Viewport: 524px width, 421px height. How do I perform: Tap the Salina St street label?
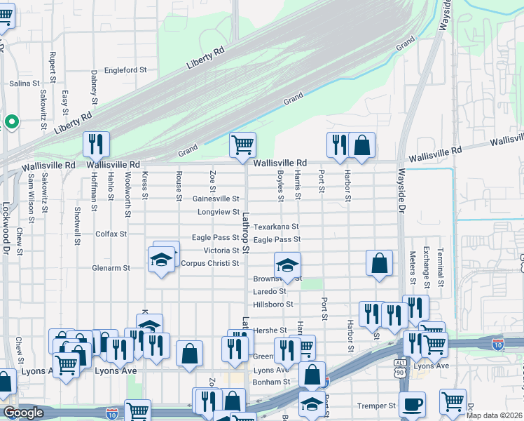click(25, 83)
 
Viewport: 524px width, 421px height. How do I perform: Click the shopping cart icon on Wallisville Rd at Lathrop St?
click(242, 145)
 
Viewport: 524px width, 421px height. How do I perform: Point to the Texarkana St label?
click(276, 227)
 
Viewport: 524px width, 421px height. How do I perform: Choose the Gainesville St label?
click(216, 199)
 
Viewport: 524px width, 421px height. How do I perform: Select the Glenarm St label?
click(111, 268)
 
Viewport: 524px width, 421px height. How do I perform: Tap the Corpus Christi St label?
click(210, 264)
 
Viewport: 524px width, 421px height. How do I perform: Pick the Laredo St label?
click(270, 291)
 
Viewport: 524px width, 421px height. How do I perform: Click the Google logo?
click(23, 413)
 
